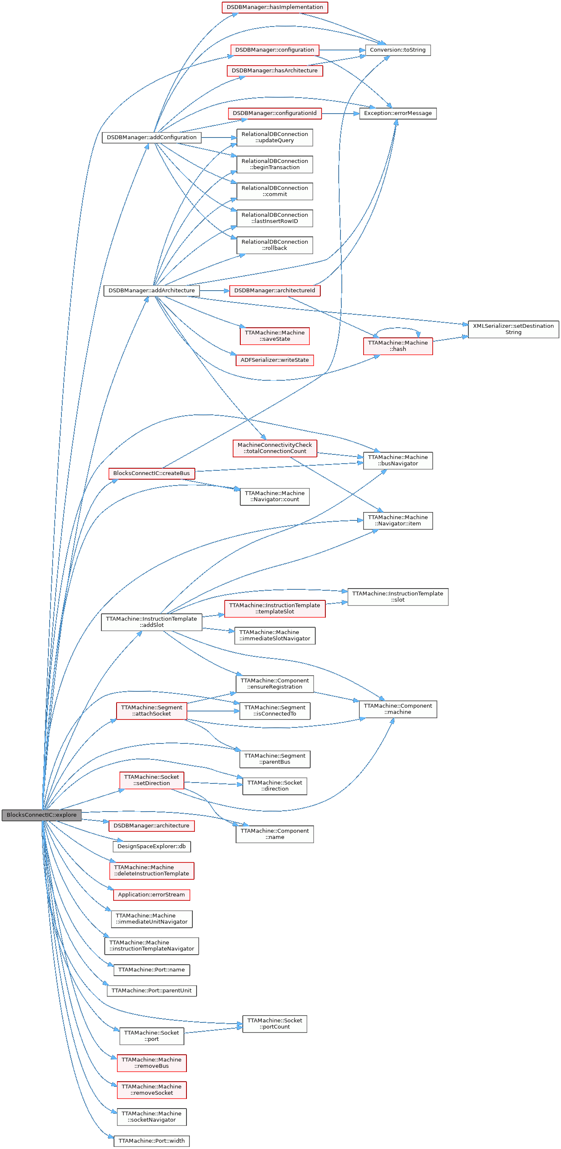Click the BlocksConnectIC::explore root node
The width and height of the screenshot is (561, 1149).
42,815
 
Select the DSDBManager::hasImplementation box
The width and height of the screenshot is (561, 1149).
274,7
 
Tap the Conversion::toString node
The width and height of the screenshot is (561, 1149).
397,50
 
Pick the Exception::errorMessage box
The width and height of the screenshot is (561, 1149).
398,113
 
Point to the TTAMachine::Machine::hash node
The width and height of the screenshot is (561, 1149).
398,346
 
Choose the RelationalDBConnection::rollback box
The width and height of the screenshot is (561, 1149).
274,245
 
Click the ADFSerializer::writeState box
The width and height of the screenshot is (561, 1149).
274,360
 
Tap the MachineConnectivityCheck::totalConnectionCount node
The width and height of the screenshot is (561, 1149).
274,448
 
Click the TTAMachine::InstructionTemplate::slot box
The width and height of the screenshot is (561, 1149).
397,597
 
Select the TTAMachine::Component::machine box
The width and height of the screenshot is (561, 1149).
398,709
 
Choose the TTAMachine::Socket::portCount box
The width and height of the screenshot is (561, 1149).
274,1024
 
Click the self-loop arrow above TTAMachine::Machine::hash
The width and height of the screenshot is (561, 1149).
397,329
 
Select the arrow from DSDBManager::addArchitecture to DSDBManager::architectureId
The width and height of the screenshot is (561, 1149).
214,290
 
